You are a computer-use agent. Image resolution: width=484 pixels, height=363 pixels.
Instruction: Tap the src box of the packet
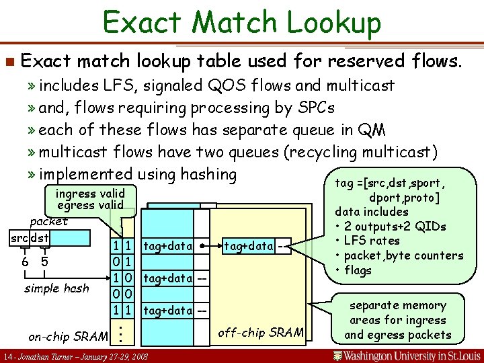(x=18, y=239)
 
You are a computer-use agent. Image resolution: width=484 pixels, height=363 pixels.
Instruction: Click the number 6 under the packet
(x=24, y=261)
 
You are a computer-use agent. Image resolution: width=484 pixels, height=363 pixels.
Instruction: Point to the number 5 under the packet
(x=44, y=261)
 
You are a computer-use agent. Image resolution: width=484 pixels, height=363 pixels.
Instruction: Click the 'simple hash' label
(x=56, y=288)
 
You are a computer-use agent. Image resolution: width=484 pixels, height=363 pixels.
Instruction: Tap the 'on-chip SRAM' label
(x=67, y=335)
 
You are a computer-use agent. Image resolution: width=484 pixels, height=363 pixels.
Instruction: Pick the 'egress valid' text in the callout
(x=90, y=205)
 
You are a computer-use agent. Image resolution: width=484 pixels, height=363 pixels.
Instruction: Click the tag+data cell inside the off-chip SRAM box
(x=249, y=246)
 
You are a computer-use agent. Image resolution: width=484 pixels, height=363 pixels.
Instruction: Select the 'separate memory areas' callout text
(x=398, y=320)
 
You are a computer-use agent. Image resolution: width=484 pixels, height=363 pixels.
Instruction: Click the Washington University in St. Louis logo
(x=406, y=354)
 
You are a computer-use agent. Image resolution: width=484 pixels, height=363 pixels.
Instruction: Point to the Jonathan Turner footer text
(x=75, y=355)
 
